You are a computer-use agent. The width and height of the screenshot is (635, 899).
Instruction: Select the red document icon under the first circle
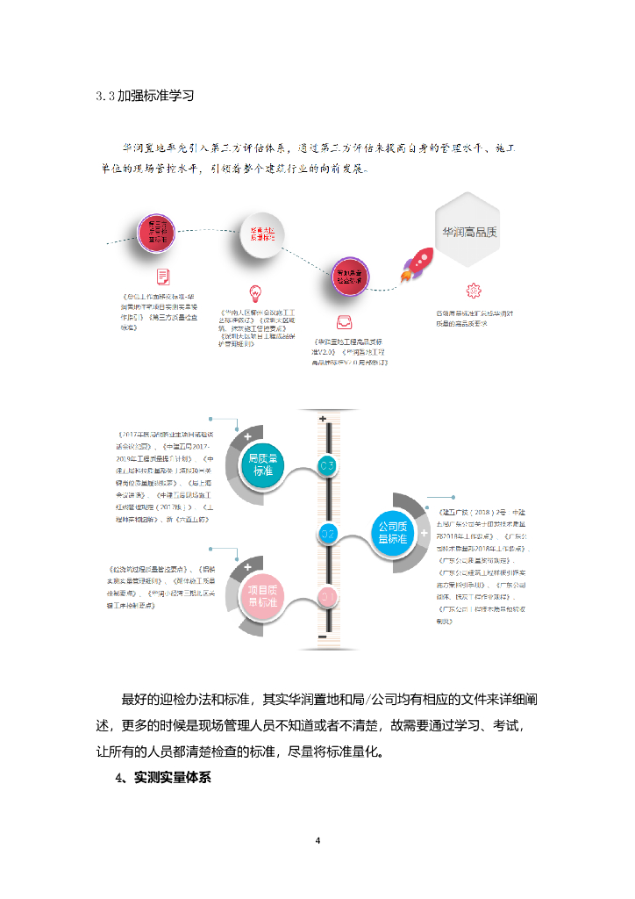click(164, 277)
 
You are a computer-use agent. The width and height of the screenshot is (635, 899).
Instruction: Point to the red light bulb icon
click(255, 292)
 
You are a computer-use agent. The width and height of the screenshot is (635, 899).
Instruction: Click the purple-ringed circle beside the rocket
click(350, 277)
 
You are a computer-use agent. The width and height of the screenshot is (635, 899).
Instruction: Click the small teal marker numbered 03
click(327, 464)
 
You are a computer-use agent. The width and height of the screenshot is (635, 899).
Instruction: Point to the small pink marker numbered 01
click(327, 598)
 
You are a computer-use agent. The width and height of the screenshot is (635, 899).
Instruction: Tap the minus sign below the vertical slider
click(324, 635)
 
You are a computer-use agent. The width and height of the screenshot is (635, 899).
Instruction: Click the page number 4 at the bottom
click(317, 841)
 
